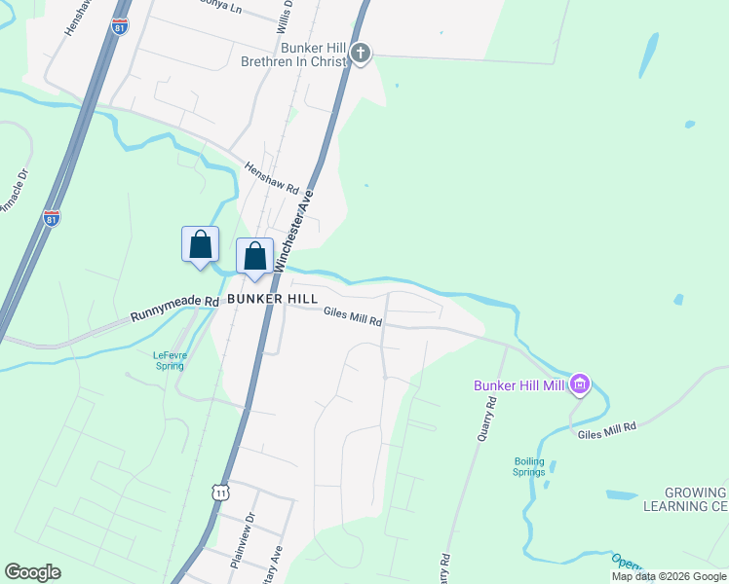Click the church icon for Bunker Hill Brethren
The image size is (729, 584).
point(362,53)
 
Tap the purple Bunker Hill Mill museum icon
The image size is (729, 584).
point(580,385)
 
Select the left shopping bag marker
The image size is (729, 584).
point(200,243)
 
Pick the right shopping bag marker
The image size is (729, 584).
point(254,257)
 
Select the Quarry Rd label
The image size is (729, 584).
point(487,420)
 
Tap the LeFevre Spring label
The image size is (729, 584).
point(170,360)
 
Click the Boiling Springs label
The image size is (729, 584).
point(530,466)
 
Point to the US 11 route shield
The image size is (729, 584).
point(221,493)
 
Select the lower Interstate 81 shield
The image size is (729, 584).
point(52,218)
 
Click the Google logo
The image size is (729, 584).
point(33,572)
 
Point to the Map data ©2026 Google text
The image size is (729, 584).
point(668,576)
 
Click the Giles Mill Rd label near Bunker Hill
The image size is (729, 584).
point(353,316)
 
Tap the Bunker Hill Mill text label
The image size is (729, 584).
point(519,385)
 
